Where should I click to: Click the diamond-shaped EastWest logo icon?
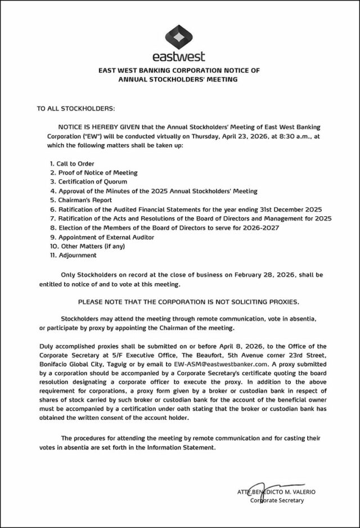179,37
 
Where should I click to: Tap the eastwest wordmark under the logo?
179,56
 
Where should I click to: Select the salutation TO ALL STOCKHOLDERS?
75,107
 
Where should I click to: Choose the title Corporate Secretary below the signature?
277,500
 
